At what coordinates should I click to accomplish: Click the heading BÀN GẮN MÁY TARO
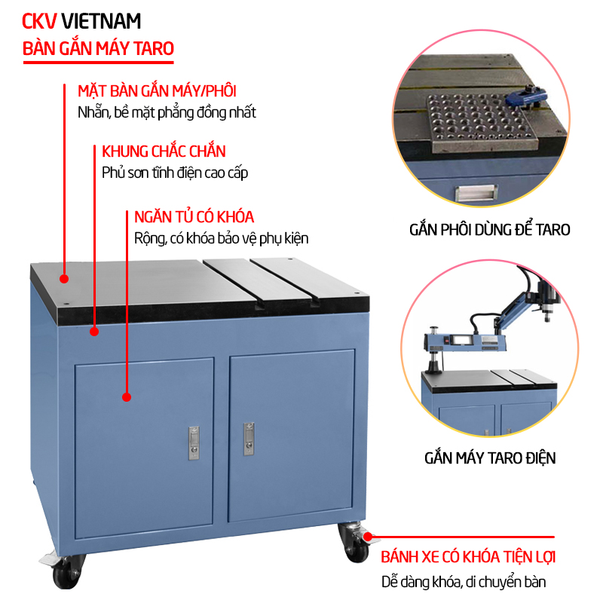point(99,49)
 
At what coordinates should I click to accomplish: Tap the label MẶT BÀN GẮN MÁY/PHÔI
point(157,91)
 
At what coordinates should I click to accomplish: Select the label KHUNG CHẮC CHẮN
point(164,152)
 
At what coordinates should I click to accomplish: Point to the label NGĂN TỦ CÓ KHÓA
point(194,217)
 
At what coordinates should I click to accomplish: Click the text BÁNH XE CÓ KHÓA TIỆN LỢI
point(468,558)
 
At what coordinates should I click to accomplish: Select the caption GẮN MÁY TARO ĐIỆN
point(489,458)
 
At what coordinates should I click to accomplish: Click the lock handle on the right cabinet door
point(246,438)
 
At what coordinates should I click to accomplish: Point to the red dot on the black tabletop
point(64,279)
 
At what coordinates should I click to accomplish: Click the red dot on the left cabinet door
point(127,396)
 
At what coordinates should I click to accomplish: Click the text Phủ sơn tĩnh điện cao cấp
point(175,173)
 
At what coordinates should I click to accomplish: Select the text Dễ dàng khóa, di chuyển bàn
point(463,582)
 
